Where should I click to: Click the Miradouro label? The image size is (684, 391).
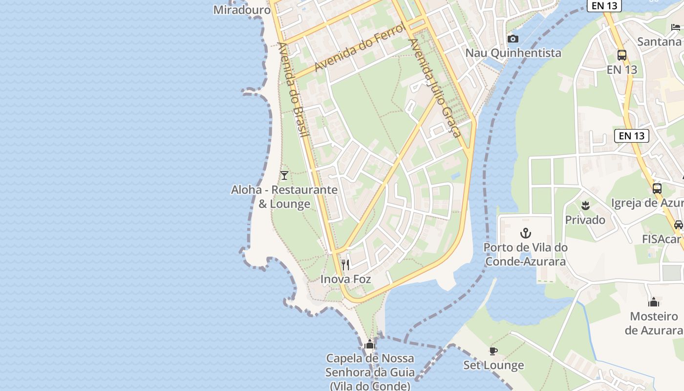(x=242, y=9)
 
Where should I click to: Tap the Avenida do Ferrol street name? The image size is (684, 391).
(x=360, y=47)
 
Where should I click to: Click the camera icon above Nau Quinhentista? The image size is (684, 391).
(x=513, y=39)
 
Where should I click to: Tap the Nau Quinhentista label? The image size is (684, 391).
(x=513, y=53)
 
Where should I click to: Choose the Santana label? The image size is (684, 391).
(x=659, y=42)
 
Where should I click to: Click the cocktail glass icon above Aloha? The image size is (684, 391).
(x=284, y=175)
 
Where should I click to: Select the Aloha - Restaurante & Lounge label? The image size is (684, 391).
(x=284, y=196)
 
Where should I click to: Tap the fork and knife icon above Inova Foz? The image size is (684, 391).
(x=345, y=265)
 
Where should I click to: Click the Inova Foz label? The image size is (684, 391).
(x=345, y=279)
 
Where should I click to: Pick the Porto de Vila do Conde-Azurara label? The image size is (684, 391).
(x=526, y=254)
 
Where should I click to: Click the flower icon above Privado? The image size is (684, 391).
(x=585, y=205)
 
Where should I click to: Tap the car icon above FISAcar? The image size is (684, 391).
(x=678, y=225)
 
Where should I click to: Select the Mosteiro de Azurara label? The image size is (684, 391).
(x=654, y=323)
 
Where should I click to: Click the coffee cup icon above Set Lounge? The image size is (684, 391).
(x=493, y=351)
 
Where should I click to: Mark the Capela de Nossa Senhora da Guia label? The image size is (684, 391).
(x=370, y=372)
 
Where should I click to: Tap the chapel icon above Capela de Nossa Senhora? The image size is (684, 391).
(x=370, y=345)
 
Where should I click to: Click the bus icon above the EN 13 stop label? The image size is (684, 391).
(x=622, y=55)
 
